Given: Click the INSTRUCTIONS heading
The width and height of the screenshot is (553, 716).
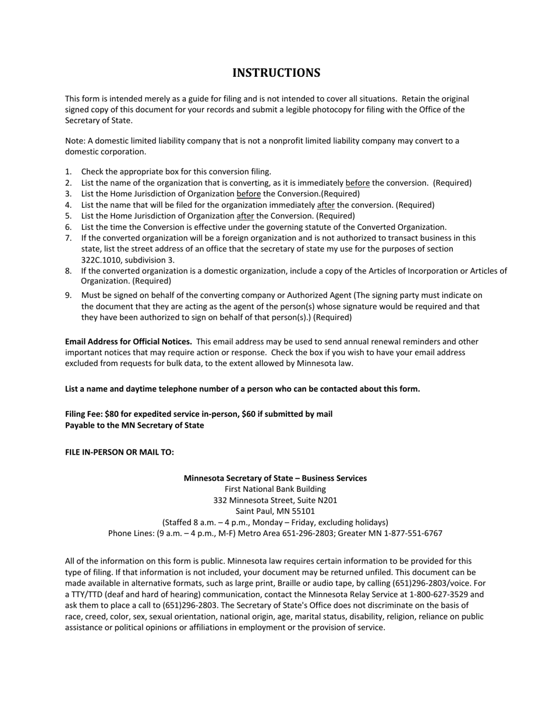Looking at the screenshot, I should (276, 73).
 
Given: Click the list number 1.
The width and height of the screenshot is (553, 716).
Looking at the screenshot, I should (68, 172).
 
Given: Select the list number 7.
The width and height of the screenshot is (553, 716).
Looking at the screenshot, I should (68, 238).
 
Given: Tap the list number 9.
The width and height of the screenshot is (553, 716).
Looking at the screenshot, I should (68, 296).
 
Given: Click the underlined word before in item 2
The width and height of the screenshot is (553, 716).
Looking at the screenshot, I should (357, 183).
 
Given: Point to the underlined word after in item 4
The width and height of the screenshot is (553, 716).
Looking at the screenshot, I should (325, 205).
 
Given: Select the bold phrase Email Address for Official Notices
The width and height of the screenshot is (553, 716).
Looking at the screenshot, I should (128, 342).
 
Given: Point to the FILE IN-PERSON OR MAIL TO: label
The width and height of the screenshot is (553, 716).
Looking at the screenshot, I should (119, 452).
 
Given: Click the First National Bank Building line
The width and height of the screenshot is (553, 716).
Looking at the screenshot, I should (275, 489).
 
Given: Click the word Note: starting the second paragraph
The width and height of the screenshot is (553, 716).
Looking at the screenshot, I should (75, 141).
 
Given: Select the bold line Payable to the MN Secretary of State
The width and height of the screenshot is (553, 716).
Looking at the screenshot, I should (134, 426).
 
